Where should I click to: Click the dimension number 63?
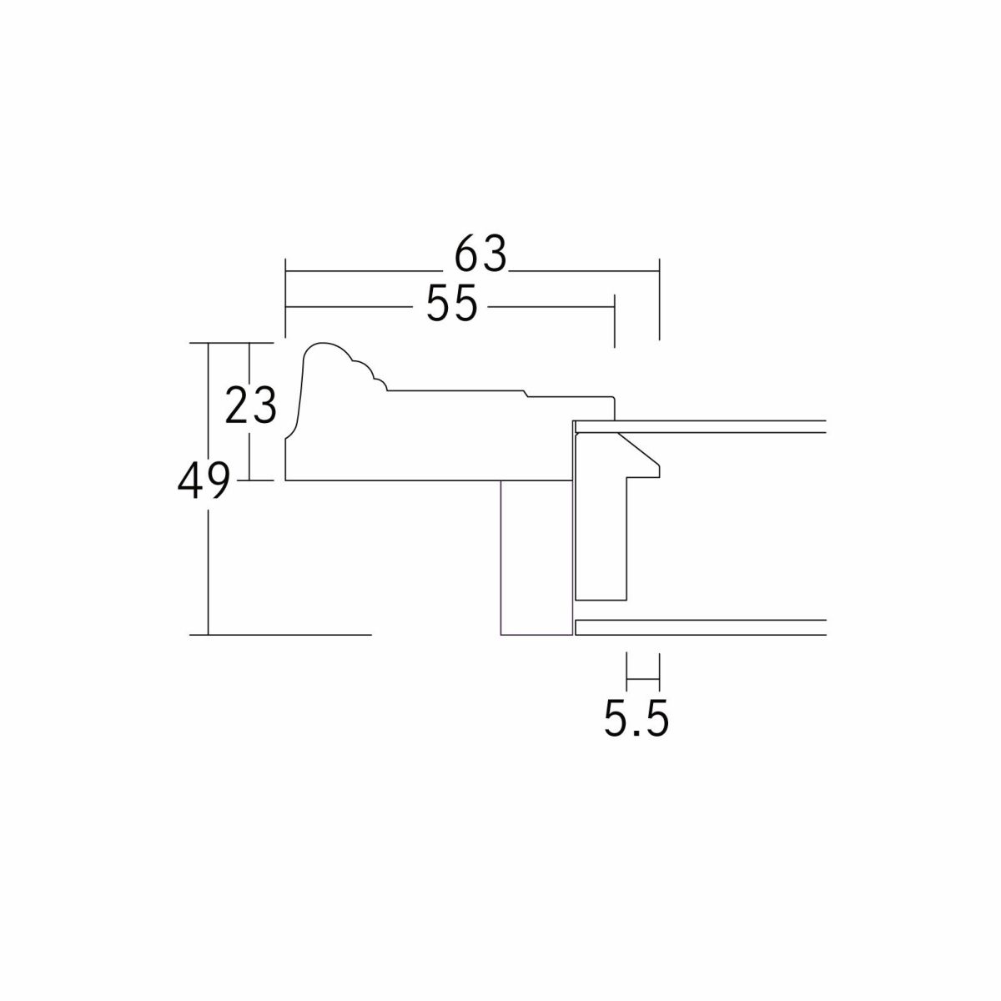point(480,254)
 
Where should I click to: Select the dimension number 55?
point(451,304)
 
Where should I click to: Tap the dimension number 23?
point(250,405)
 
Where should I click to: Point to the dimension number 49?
point(203,480)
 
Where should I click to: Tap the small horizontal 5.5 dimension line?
point(643,678)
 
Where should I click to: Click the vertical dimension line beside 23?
point(250,411)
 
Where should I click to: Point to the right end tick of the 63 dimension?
point(659,299)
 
